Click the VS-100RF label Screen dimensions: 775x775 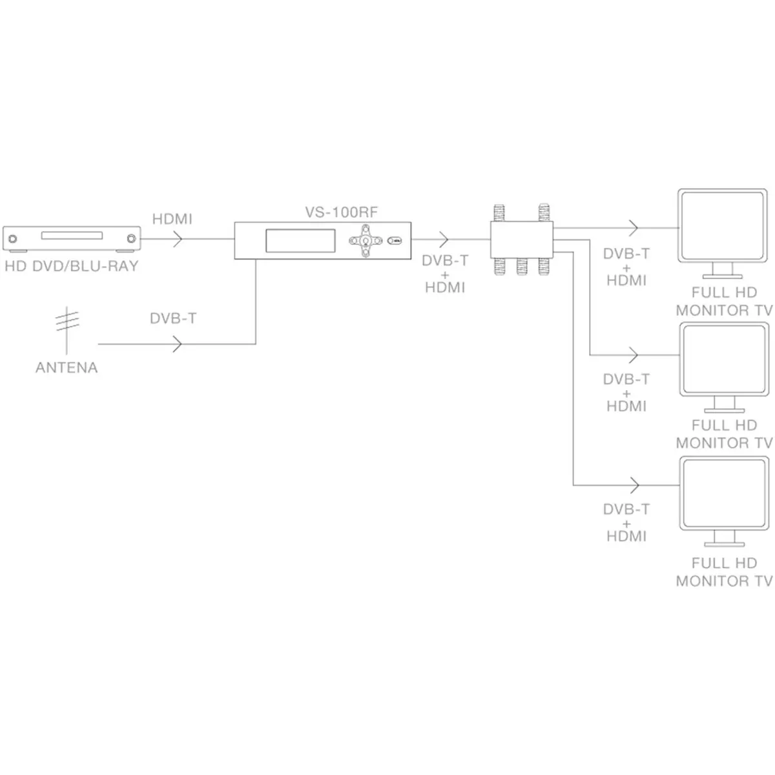[342, 212]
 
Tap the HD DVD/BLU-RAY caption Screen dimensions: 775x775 [72, 266]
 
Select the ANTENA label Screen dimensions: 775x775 [67, 367]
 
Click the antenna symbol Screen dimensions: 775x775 [67, 330]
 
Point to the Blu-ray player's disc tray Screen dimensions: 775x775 [72, 235]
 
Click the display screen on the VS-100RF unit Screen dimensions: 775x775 [300, 240]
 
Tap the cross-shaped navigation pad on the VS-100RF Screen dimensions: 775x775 [365, 240]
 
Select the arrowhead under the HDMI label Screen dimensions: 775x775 [178, 239]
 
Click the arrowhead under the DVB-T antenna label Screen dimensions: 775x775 [178, 344]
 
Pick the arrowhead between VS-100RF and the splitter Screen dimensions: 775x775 [443, 240]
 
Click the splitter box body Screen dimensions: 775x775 [522, 240]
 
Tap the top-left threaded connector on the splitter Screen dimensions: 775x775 [499, 212]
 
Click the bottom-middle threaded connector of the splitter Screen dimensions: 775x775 [522, 267]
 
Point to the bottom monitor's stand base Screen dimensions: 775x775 [725, 544]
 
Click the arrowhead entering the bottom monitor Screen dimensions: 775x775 [634, 485]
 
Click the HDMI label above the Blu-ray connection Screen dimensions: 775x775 [172, 219]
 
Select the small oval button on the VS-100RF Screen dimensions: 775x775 [395, 240]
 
